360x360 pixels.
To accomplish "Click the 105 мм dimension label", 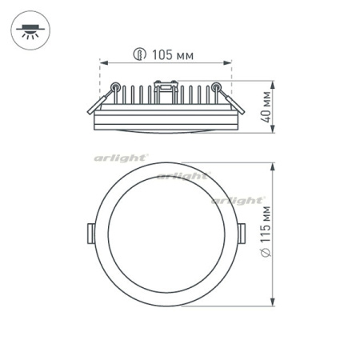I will [x=174, y=54].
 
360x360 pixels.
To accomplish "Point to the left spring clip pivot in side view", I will [x=116, y=86].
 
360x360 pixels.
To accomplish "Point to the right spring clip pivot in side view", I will [x=215, y=86].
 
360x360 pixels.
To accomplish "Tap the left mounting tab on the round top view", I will [x=90, y=232].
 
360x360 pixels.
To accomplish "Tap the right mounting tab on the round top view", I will [x=242, y=232].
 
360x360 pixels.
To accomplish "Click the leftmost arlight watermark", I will [x=120, y=158].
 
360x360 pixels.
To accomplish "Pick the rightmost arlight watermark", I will [x=238, y=200].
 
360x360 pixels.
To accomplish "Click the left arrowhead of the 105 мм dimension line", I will [x=102, y=62].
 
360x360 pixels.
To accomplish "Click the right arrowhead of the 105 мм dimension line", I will [x=230, y=62].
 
